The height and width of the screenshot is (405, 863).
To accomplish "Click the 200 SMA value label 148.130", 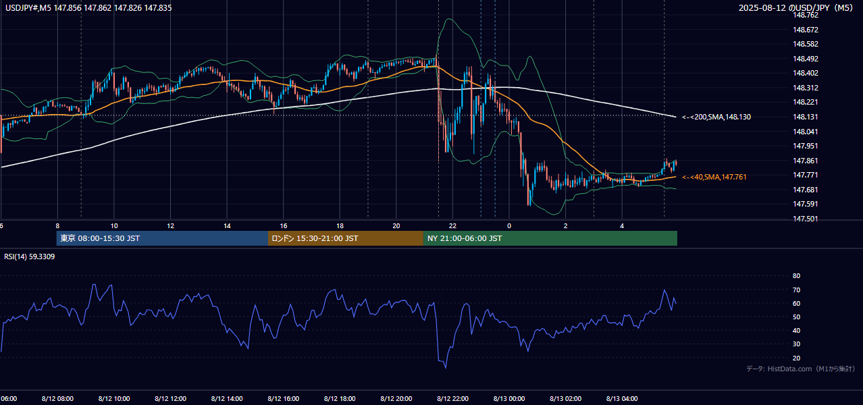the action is (716, 117).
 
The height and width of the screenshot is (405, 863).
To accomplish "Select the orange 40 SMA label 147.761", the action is (714, 177).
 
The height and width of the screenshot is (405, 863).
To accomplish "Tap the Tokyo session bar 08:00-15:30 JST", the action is (162, 238).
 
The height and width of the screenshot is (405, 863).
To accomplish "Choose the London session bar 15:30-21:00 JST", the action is (346, 238).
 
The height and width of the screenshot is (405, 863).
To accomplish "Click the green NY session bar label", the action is (464, 238).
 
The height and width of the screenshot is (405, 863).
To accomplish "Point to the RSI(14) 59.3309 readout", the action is (29, 256).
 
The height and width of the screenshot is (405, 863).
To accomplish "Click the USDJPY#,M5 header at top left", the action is (88, 7).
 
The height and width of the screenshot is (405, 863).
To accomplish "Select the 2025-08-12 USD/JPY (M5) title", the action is (795, 7).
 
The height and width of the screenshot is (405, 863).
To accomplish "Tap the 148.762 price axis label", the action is (806, 15).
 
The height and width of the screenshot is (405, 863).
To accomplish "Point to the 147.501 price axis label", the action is (806, 219).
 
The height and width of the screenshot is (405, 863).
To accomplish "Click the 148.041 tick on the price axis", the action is (806, 132).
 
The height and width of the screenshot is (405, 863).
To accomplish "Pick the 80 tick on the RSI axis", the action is (796, 275).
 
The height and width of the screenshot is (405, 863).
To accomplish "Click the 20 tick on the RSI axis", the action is (796, 358).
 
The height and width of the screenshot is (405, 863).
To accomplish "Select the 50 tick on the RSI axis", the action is (796, 317).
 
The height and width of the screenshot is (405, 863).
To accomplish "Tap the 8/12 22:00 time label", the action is (452, 398).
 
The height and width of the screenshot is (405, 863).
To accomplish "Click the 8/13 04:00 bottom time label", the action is (622, 398).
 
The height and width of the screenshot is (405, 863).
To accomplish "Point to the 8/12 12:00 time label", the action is (171, 398).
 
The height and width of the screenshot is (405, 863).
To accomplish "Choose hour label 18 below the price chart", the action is (340, 226).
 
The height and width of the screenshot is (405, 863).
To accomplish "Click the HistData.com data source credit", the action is (801, 369).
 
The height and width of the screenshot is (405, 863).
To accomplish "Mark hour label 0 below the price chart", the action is (509, 226).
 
